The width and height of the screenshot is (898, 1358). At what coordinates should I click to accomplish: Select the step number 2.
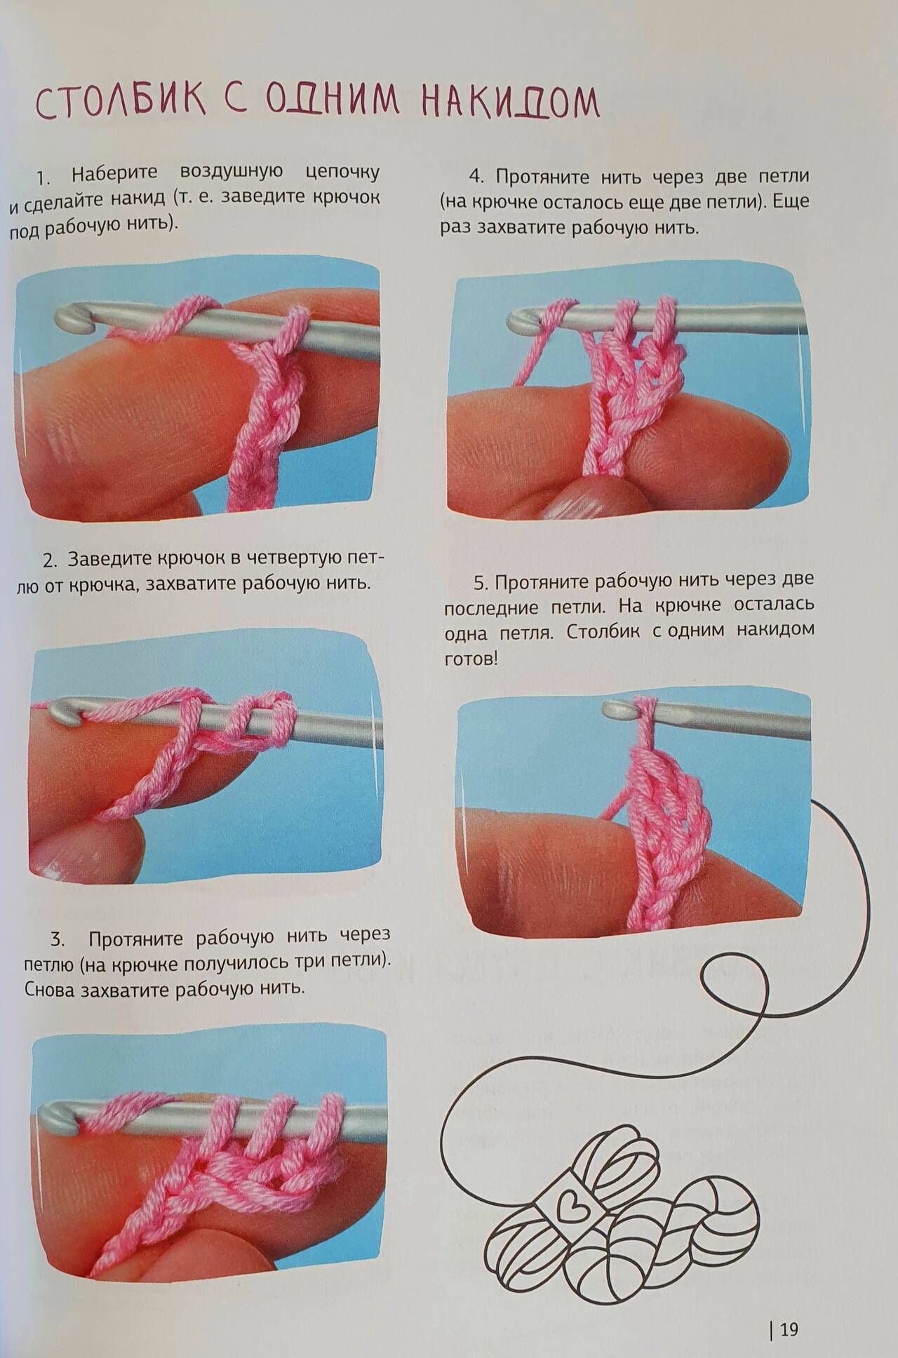(49, 560)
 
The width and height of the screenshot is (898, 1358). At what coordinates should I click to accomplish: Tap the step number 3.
(58, 940)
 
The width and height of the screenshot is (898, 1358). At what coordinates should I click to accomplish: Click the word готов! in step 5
(471, 659)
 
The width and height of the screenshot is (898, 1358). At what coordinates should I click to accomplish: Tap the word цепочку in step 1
(343, 173)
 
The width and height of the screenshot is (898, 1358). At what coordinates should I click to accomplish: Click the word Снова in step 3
(50, 990)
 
